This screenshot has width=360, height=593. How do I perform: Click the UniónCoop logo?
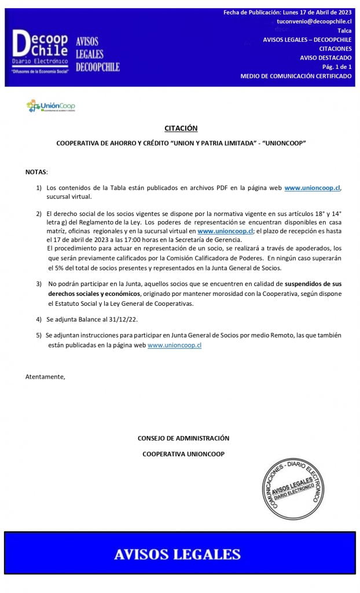pyautogui.click(x=51, y=106)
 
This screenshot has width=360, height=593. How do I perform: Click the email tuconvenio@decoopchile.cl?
pyautogui.click(x=314, y=21)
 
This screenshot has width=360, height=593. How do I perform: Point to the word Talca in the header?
pyautogui.click(x=344, y=30)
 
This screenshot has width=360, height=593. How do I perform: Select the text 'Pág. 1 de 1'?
pyautogui.click(x=337, y=67)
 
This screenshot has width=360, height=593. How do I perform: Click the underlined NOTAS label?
pyautogui.click(x=36, y=173)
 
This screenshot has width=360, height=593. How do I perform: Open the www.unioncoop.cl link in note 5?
pyautogui.click(x=174, y=345)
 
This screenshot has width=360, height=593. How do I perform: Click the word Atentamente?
pyautogui.click(x=45, y=377)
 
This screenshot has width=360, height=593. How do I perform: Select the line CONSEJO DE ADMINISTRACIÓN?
pyautogui.click(x=183, y=438)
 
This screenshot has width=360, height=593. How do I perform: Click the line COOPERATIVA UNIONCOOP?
pyautogui.click(x=183, y=454)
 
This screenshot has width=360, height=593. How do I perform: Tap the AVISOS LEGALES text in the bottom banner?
pyautogui.click(x=177, y=554)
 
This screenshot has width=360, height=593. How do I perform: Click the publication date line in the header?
pyautogui.click(x=288, y=12)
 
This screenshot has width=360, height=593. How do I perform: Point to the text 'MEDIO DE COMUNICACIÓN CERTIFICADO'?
pyautogui.click(x=296, y=76)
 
